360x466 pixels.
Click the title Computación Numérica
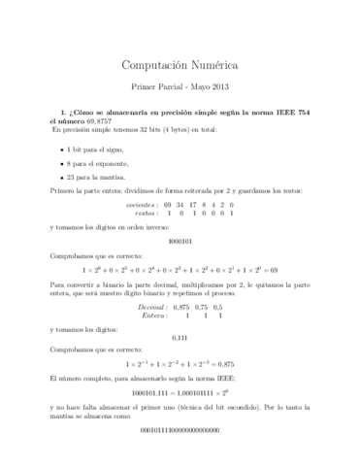pyautogui.click(x=180, y=65)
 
